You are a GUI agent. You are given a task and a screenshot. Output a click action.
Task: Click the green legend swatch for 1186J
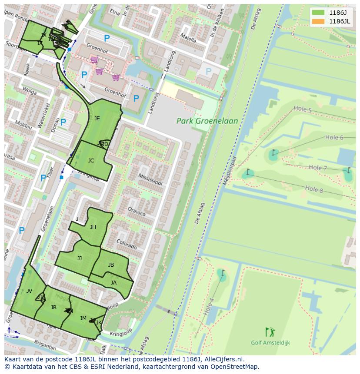coord(318,13)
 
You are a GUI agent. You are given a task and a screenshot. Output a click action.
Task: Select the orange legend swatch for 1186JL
coord(318,21)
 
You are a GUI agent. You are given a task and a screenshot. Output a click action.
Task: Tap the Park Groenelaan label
coord(207,121)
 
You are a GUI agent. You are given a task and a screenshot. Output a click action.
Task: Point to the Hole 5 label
coord(303,110)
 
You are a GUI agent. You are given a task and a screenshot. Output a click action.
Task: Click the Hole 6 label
coord(334,138)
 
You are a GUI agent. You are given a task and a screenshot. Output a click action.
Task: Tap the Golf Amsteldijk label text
coord(270,343)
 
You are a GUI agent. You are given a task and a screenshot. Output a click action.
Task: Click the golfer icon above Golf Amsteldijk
coord(270,332)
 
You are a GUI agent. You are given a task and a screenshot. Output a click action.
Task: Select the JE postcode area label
coord(97,119)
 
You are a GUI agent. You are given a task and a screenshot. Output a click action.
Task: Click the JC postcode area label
coord(91,161)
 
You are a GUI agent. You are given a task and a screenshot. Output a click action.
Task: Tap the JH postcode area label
coord(93,227)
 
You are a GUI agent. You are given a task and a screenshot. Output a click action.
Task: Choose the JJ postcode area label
coord(80,258)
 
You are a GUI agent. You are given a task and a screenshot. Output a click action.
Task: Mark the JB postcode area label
coord(111,265)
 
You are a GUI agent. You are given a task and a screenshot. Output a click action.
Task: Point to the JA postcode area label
coord(113,283)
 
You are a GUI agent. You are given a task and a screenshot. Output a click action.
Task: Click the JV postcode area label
coord(29,291)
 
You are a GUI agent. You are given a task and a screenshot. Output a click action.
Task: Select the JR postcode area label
coord(53,308)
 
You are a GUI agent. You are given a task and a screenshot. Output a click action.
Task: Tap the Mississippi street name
coord(150,179)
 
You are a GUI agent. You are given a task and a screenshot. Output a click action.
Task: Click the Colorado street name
coord(127,245)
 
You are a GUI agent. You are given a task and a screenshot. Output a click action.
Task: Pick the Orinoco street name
coord(137,212)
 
